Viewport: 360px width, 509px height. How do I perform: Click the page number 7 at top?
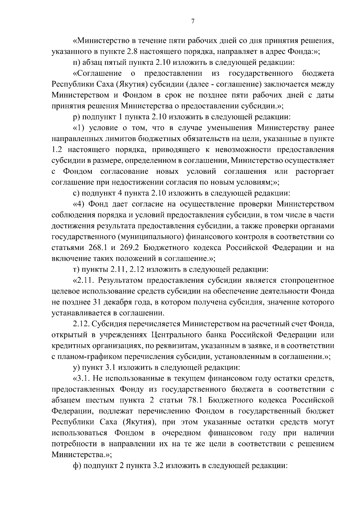coord(193,21)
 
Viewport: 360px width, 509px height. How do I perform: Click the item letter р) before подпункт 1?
coord(76,117)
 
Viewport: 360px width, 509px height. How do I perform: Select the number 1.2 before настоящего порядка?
coord(57,150)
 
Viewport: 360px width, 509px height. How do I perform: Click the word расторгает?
coord(315,172)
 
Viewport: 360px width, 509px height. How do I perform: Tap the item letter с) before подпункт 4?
coord(76,193)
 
